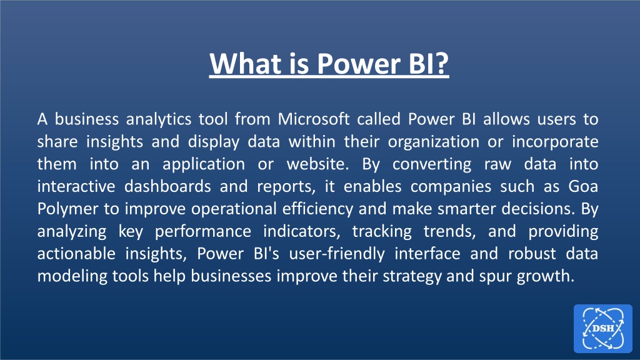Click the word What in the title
click(x=246, y=63)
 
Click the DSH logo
click(x=603, y=328)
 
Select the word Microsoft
click(x=314, y=119)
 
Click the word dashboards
click(x=167, y=186)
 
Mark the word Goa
click(x=583, y=186)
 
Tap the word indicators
click(x=301, y=232)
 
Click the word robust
click(x=532, y=254)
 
